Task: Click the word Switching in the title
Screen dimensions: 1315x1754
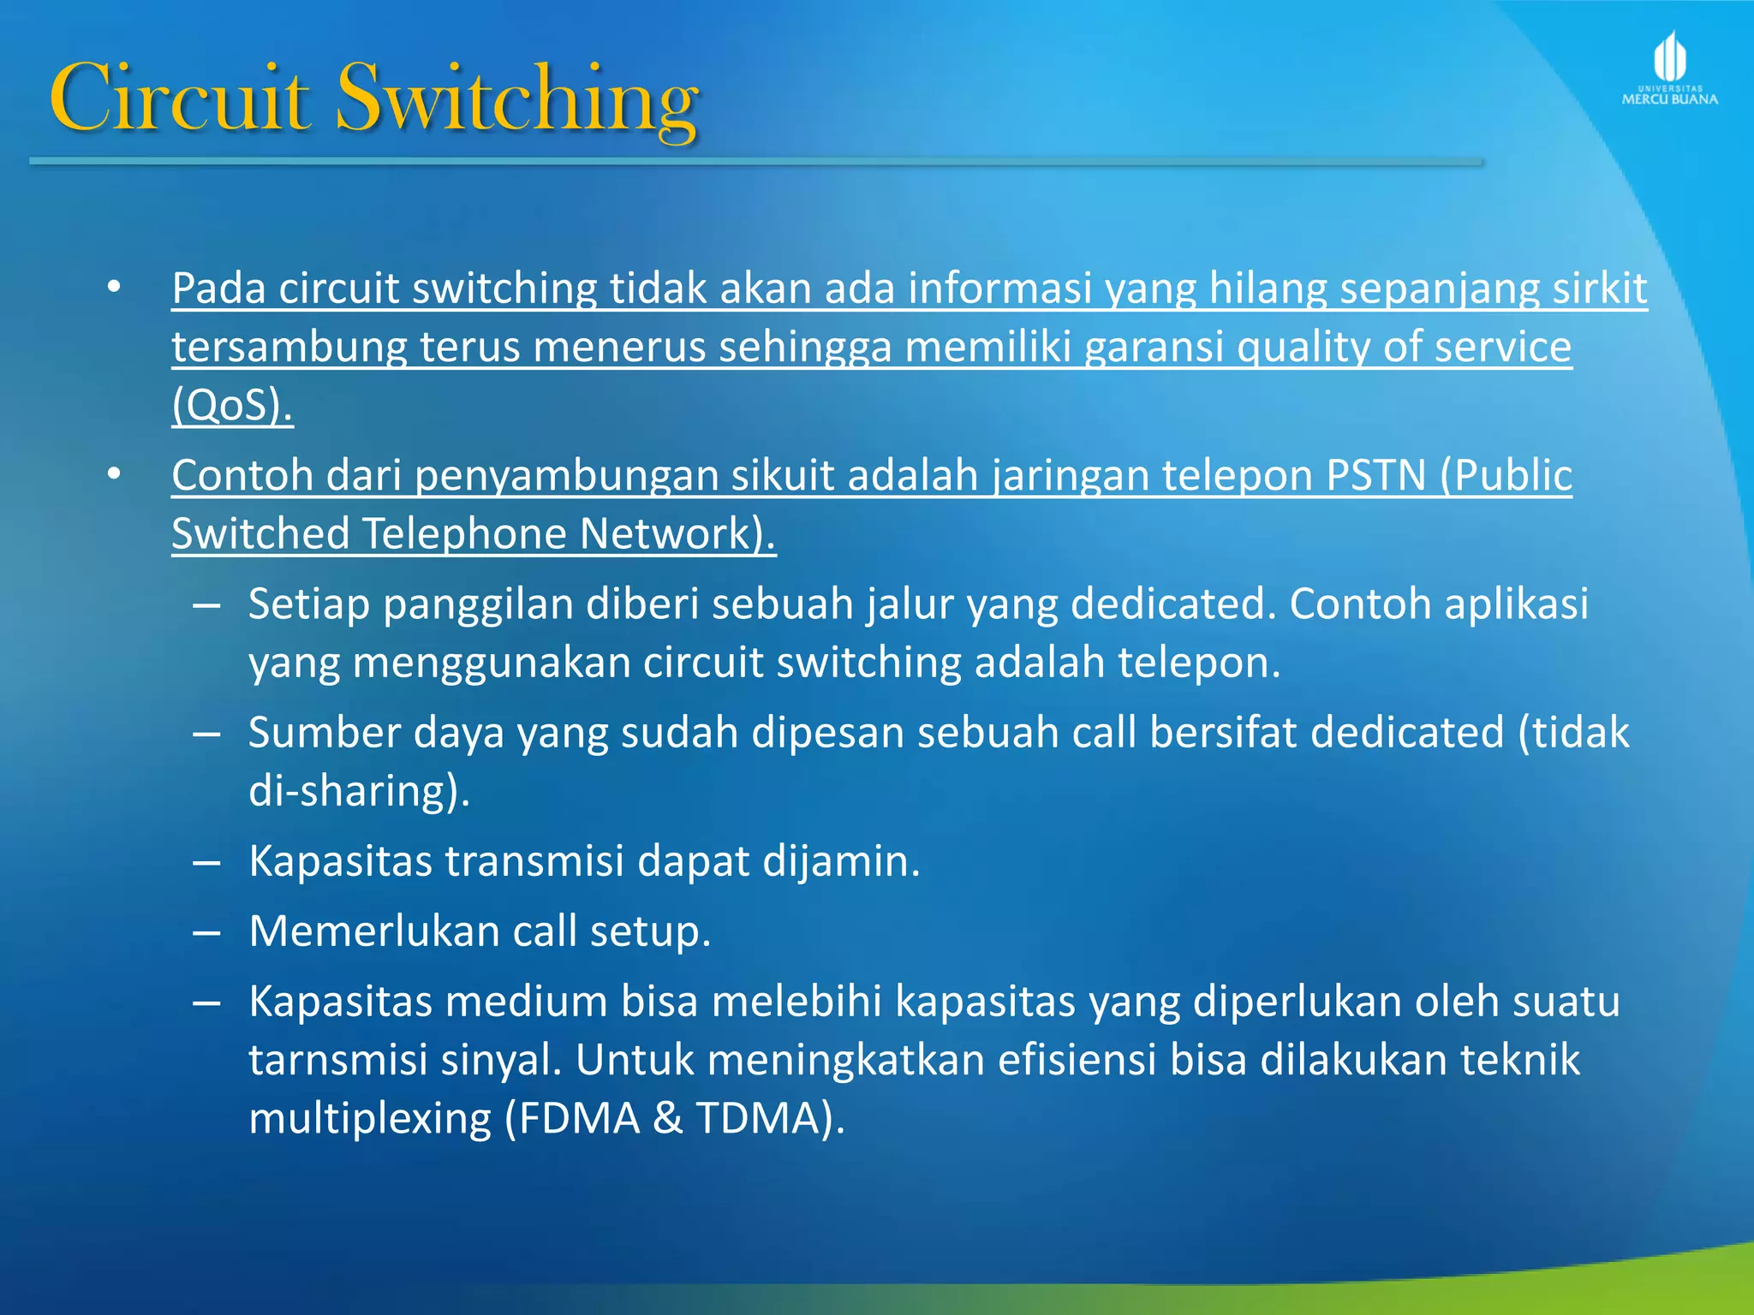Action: click(517, 99)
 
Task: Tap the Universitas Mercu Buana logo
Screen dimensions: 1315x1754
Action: click(1669, 68)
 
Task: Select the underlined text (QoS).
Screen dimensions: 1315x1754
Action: click(232, 405)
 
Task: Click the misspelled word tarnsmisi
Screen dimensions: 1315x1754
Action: click(338, 1060)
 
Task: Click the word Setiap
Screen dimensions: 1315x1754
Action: click(309, 604)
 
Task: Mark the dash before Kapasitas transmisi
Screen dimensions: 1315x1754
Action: click(207, 862)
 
